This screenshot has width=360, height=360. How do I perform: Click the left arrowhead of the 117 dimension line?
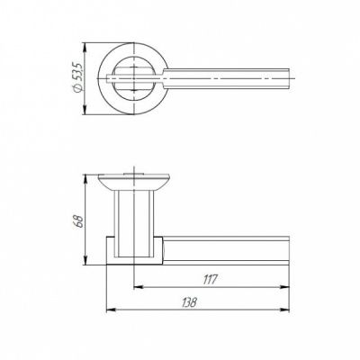click(136, 288)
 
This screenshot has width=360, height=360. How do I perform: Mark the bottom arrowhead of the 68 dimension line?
click(86, 265)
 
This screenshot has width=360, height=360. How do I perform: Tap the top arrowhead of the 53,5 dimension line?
click(86, 43)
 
